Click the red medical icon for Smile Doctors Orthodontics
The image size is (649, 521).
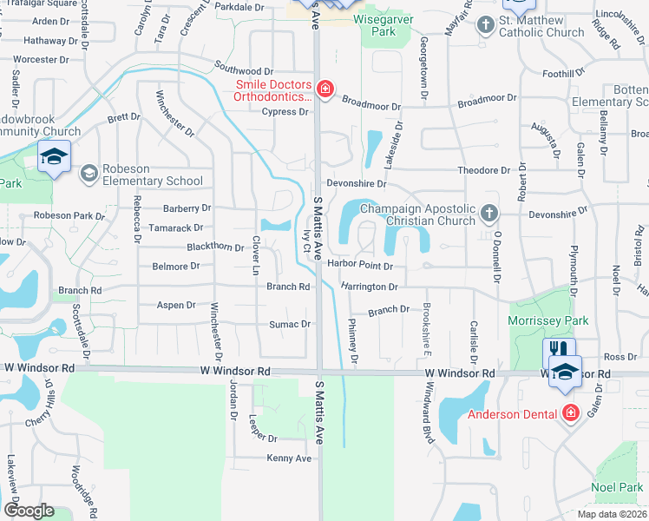[x=325, y=89]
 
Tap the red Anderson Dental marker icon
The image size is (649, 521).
[x=570, y=413]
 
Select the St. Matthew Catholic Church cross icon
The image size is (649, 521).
[x=487, y=24]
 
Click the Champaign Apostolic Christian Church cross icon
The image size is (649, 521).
[x=489, y=213]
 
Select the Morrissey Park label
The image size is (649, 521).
[x=548, y=321]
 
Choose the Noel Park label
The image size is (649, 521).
[x=617, y=488]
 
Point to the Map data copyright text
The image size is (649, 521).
[x=612, y=514]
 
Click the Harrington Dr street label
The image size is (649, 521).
[x=369, y=286]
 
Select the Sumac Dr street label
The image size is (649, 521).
[x=293, y=324]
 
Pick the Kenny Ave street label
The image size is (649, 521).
[x=289, y=458]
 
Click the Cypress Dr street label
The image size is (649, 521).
[x=291, y=112]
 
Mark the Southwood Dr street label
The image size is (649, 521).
[x=244, y=69]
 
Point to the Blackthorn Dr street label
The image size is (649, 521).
[x=215, y=247]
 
